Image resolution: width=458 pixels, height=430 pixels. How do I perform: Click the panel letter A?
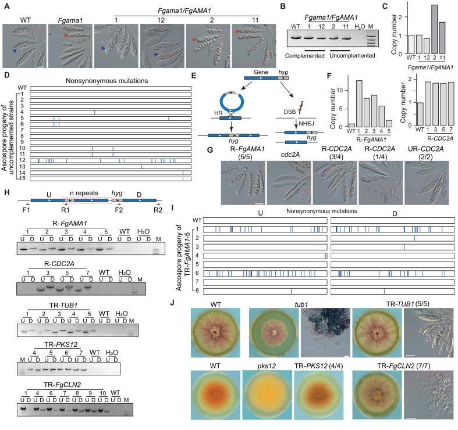coord(5,5)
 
